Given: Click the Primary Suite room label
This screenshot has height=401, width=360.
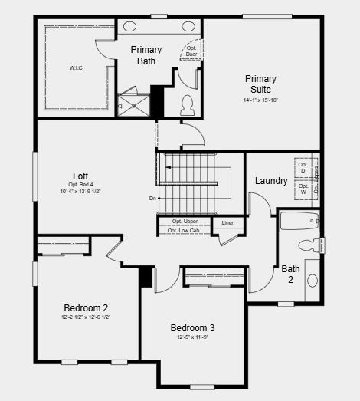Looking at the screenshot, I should point(260,84).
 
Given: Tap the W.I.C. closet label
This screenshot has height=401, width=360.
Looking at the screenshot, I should point(77,68).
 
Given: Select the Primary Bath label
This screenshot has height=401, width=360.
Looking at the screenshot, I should point(146,55).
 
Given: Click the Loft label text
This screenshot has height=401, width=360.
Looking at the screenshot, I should point(80,176).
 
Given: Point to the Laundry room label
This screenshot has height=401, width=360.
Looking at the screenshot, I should point(271,182).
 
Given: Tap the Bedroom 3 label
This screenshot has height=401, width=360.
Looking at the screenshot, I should point(192,327).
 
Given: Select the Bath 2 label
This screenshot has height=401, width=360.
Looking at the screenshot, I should point(290,274).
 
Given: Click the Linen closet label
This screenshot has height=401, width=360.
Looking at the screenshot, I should point(228,223).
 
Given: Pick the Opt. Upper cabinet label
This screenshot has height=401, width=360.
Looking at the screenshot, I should point(185,222).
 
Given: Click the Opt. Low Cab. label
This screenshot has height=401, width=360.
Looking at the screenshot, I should point(184,230).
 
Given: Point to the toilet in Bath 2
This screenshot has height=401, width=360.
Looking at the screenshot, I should point(309,246).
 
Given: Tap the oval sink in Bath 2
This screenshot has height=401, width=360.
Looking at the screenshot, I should point(313,281).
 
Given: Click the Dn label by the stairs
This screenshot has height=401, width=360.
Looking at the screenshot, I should point(153,199).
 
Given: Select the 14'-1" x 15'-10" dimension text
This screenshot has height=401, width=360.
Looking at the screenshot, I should point(260,100).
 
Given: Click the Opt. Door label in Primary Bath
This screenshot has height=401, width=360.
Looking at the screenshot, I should point(191,51).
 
